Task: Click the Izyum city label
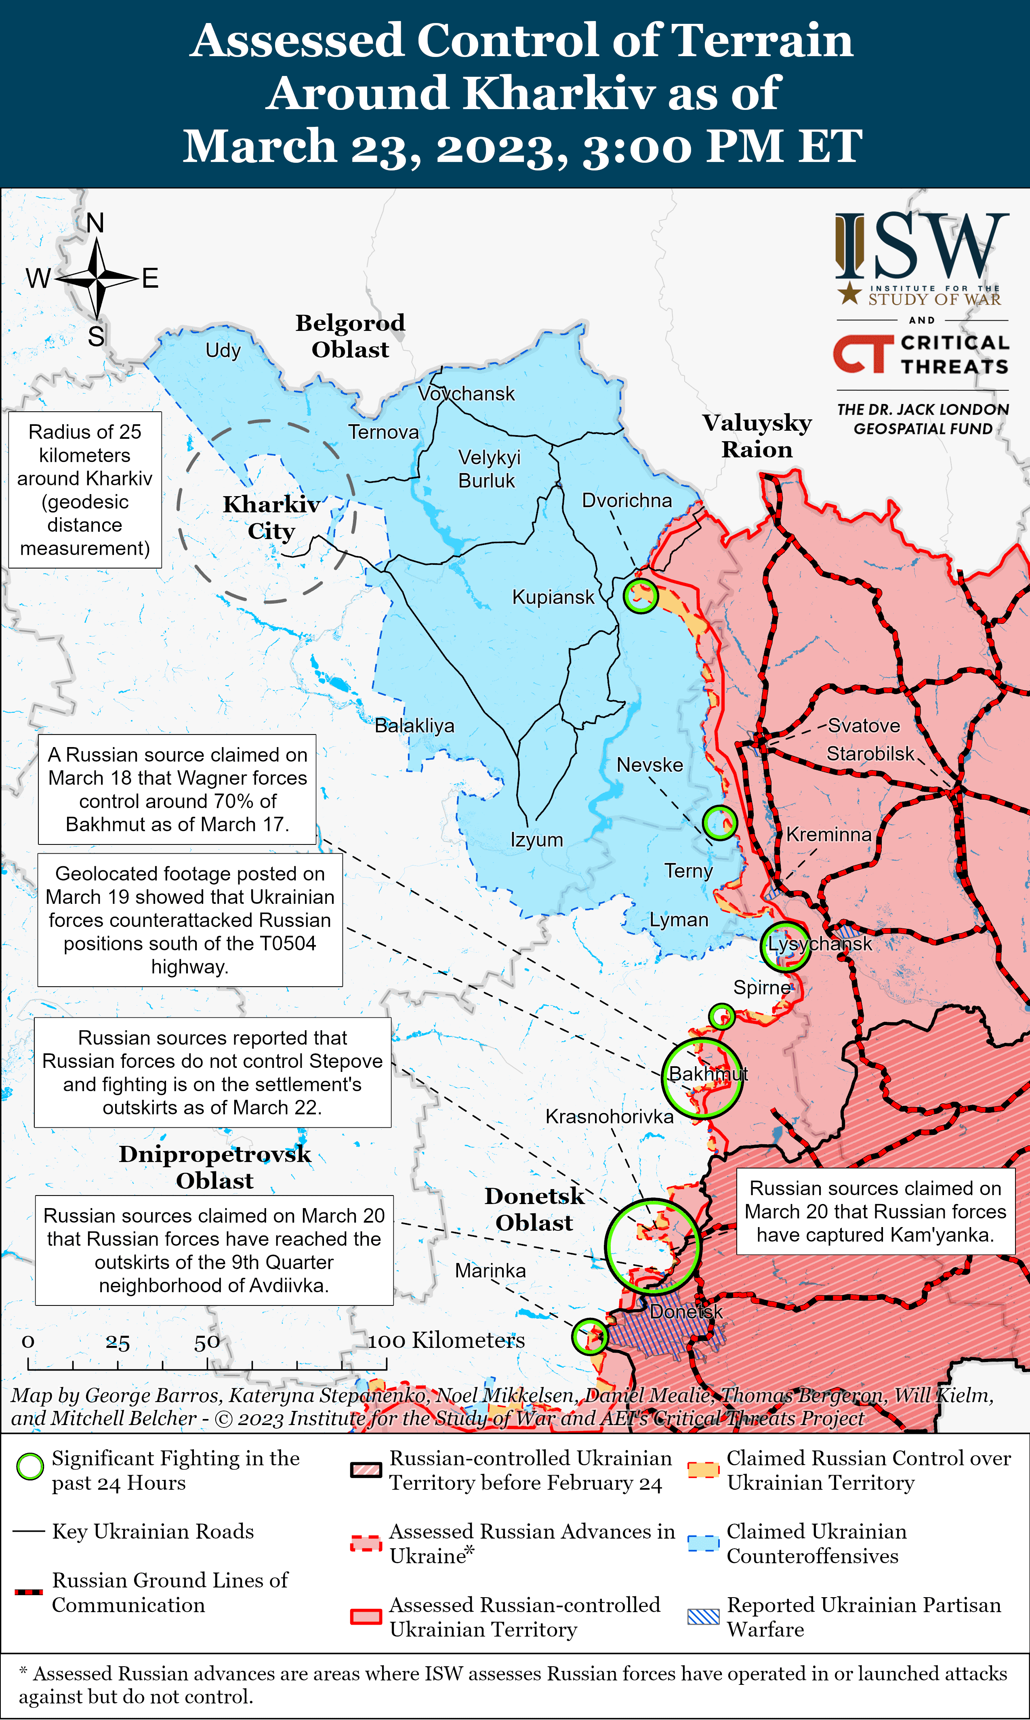click(536, 840)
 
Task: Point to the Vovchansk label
click(467, 394)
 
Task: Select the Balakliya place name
click(414, 726)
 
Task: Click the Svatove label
click(864, 726)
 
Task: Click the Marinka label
click(490, 1271)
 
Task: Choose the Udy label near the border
click(223, 351)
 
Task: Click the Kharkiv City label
click(271, 517)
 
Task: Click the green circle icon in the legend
click(30, 1467)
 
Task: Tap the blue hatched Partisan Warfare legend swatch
click(703, 1617)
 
